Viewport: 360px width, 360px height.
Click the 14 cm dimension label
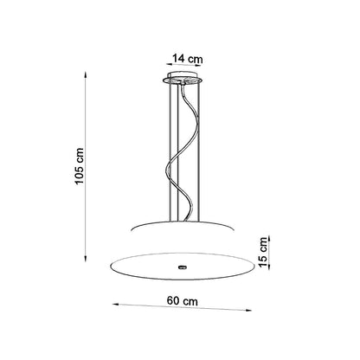point(188,59)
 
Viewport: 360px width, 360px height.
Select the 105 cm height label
point(79,166)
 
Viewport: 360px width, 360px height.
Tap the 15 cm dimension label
point(263,253)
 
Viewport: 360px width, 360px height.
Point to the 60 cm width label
point(183,301)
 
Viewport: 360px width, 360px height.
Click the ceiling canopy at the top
point(183,79)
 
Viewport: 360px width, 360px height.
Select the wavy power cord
point(183,153)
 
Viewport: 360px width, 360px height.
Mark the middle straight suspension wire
point(178,153)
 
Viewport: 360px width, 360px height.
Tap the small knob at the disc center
point(183,267)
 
